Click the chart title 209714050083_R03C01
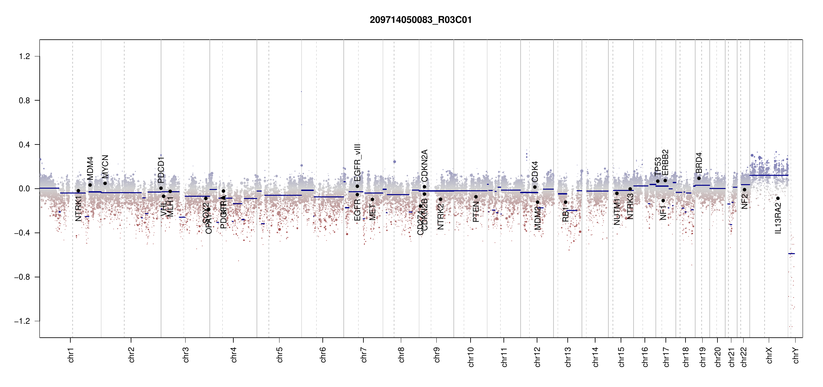click(x=421, y=20)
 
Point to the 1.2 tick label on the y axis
click(x=25, y=56)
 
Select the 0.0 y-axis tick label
click(x=25, y=189)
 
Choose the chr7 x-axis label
click(x=364, y=355)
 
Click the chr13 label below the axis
click(x=568, y=357)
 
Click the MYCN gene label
click(x=105, y=166)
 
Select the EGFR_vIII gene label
click(x=357, y=163)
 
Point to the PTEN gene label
click(x=476, y=212)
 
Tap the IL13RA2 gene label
click(x=778, y=218)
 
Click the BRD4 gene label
click(x=699, y=163)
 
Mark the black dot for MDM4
click(x=90, y=185)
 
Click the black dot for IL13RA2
click(x=778, y=198)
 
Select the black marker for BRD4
click(x=699, y=178)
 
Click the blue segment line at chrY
click(x=791, y=254)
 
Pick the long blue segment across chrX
click(x=768, y=175)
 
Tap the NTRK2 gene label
click(x=441, y=216)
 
